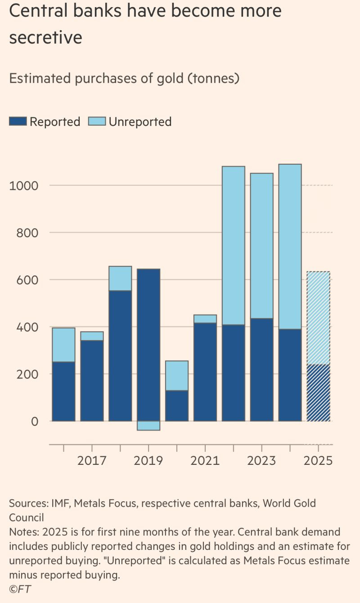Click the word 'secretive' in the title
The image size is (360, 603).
[x=45, y=37]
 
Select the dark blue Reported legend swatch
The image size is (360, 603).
[x=18, y=121]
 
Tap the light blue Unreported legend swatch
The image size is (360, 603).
[x=97, y=121]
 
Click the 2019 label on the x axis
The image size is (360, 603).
[x=148, y=461]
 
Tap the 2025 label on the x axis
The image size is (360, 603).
[x=318, y=461]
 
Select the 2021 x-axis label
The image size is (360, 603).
[x=205, y=461]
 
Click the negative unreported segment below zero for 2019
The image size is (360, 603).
[x=148, y=426]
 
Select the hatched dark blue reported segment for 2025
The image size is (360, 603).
[x=318, y=393]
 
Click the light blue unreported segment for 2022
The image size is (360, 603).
[x=234, y=245]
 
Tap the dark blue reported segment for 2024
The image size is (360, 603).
[x=290, y=375]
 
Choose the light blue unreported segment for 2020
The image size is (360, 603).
[x=177, y=375]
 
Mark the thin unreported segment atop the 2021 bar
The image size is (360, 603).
[x=205, y=319]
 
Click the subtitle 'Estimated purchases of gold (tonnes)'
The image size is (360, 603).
[x=124, y=78]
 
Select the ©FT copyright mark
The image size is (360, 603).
[x=20, y=589]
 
